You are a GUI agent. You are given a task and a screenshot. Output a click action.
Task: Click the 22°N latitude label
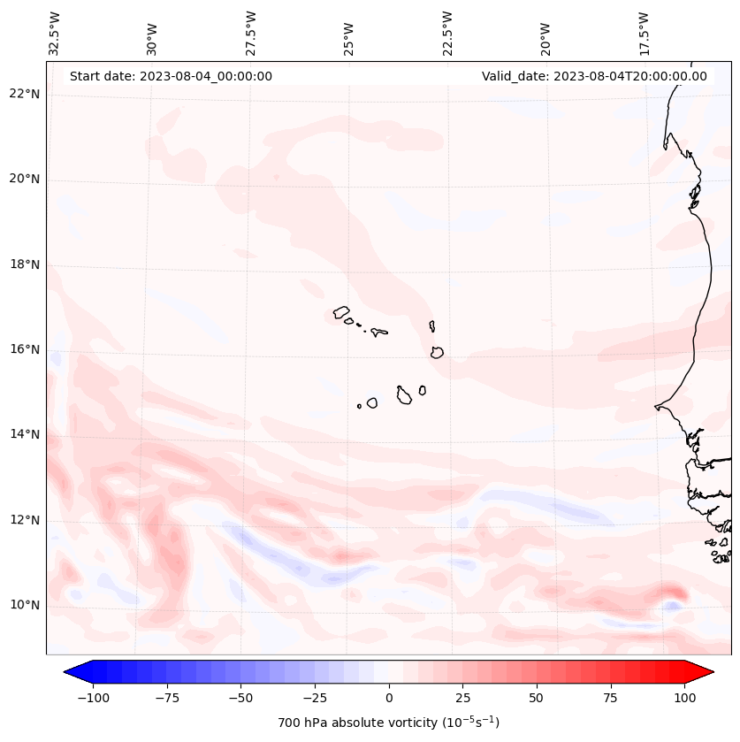25,94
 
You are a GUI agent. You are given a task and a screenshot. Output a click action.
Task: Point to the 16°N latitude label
25,349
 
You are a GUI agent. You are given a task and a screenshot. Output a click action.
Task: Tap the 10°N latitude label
25,605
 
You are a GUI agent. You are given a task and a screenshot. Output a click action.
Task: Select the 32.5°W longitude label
55,34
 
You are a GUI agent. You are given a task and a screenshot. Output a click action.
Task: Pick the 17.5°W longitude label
644,34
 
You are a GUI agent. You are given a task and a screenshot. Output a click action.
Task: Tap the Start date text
171,76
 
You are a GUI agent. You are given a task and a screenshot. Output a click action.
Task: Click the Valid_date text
594,76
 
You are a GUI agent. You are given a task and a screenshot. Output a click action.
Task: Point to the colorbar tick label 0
389,698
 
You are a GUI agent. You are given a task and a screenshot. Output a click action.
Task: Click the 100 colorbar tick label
684,698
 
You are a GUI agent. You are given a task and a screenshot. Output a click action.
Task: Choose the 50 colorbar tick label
537,698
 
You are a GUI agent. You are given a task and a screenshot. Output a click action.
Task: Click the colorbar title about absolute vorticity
388,723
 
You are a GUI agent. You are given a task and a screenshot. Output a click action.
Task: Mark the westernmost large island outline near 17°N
341,312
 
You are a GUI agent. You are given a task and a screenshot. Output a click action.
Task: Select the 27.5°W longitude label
251,34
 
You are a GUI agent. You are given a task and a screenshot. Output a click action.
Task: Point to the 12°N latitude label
25,520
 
